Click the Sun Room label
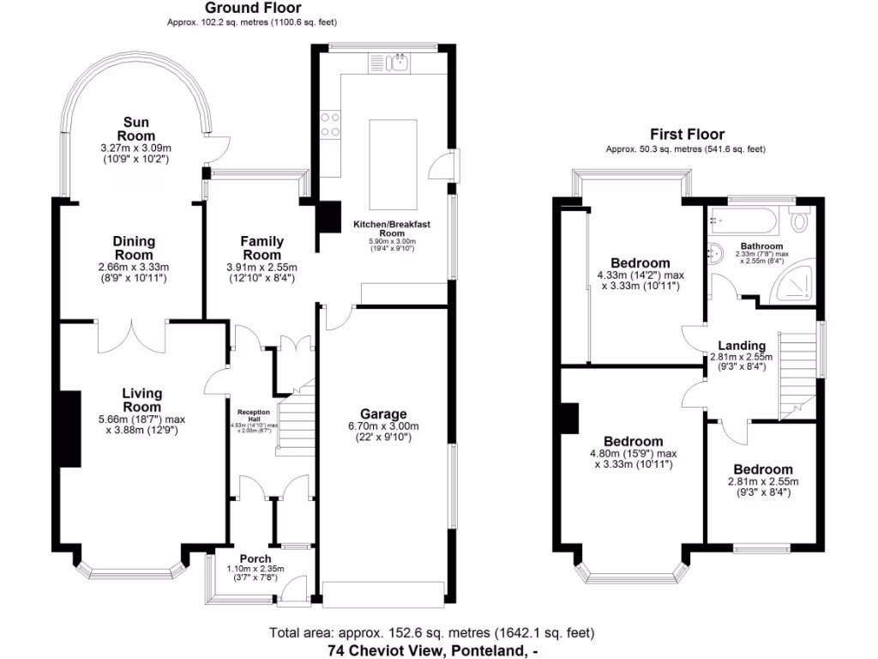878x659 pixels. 138,129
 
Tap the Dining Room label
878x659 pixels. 133,248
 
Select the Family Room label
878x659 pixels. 262,248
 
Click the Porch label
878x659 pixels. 255,559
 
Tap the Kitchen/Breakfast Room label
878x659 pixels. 391,228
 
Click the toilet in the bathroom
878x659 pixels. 801,221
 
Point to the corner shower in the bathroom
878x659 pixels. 794,286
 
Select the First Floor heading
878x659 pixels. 687,134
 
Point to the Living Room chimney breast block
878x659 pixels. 69,428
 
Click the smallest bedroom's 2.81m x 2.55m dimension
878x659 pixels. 761,481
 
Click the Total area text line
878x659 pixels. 431,633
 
